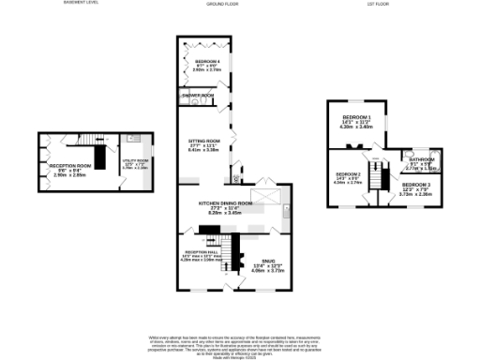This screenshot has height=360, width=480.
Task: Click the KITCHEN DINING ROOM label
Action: tap(226, 202)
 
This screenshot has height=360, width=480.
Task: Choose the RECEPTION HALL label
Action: tap(199, 252)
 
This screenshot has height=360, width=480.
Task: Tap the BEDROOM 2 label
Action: tap(349, 174)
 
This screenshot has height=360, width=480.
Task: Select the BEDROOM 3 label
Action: tap(415, 186)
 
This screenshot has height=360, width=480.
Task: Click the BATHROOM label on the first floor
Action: tap(422, 159)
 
